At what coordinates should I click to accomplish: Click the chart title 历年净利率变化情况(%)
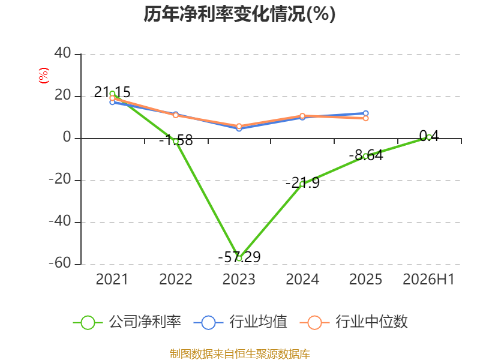pos(239,14)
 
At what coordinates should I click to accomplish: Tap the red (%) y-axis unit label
pos(44,76)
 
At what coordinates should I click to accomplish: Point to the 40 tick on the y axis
pos(63,53)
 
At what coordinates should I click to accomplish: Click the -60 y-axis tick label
pos(60,263)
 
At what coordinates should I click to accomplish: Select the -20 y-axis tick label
pos(60,179)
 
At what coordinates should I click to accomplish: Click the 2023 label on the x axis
pos(239,280)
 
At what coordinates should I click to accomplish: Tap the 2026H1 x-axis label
pos(428,280)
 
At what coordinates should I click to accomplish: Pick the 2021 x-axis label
pos(112,280)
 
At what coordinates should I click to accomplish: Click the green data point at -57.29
pos(239,259)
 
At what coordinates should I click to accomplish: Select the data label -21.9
pos(302,183)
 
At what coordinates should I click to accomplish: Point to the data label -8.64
pos(366,155)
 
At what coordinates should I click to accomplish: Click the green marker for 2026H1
pos(429,137)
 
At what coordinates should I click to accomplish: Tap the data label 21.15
pos(112,92)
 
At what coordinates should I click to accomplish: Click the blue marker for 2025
pos(365,113)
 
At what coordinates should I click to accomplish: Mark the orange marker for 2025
pos(365,118)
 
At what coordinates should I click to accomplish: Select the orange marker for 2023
pos(239,126)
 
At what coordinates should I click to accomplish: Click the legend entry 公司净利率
pos(127,322)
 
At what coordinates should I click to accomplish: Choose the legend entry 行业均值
pos(241,322)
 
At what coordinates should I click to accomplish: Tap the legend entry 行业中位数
pos(353,322)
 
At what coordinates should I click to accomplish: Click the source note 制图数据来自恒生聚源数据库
pos(240,354)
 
